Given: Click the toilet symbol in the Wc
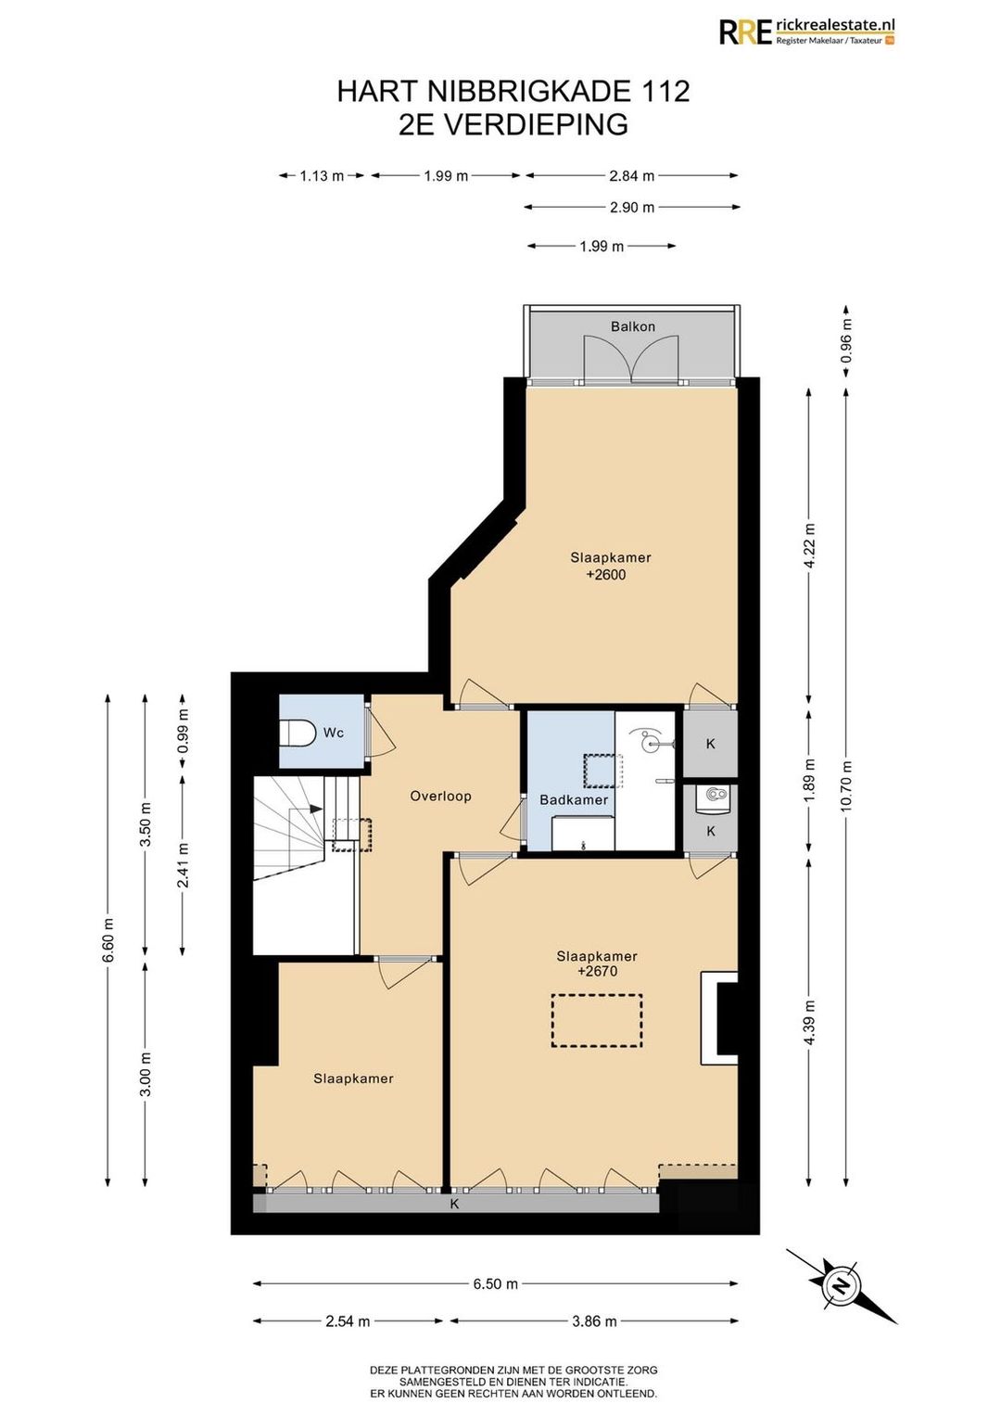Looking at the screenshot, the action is [x=298, y=733].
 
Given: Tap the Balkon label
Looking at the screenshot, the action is [x=632, y=326].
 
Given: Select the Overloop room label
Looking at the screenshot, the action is [x=440, y=796].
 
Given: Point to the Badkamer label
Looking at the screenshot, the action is [x=574, y=799].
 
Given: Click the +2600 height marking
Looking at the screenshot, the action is [x=609, y=575].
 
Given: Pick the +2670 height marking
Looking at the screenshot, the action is [x=597, y=971].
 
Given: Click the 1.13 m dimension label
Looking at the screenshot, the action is [x=321, y=176].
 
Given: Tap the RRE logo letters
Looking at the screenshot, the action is [x=746, y=32].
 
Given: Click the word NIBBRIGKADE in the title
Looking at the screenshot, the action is [x=527, y=91].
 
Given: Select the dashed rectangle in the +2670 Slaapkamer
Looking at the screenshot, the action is [x=597, y=1021].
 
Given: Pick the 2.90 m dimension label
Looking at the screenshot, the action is [x=632, y=207].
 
